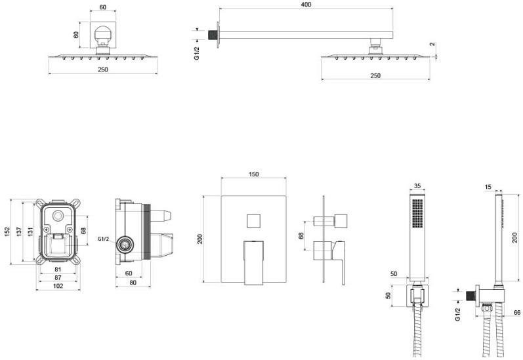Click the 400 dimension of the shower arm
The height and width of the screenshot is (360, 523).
[x=306, y=5]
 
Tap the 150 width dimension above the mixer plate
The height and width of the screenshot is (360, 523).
[x=254, y=174]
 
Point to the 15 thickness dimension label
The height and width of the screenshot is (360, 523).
[x=488, y=187]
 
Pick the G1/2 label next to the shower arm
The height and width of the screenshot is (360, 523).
[x=196, y=54]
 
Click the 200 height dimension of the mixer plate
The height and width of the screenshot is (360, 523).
[x=201, y=239]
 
